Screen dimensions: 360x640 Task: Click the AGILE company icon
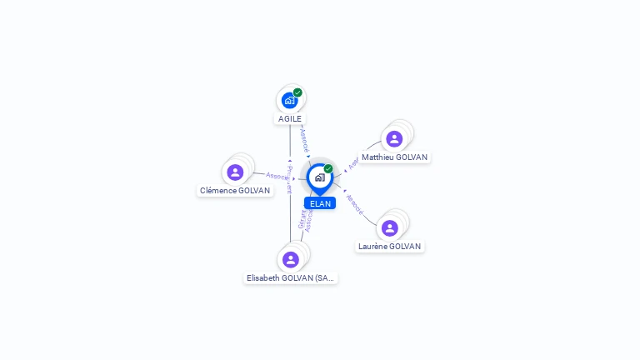point(289,100)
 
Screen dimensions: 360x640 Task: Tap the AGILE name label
point(290,119)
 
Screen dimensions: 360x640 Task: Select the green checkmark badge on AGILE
point(297,92)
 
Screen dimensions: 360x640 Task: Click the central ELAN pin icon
point(319,177)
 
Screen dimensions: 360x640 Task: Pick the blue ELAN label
point(320,203)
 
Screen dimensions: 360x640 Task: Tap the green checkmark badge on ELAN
point(328,168)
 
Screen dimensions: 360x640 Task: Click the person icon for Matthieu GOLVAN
point(394,138)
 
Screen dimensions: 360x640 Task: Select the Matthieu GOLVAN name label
point(395,157)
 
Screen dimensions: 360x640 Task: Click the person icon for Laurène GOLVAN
point(389,227)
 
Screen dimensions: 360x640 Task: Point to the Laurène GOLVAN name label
point(389,247)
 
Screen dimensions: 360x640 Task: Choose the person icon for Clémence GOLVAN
point(235,172)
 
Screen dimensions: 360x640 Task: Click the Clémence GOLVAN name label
point(235,191)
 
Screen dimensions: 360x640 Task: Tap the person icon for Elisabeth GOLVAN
point(290,259)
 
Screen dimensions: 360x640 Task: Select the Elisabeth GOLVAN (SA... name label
point(290,278)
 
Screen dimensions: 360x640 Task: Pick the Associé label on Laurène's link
point(353,204)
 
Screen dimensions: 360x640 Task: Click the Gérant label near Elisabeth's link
point(302,220)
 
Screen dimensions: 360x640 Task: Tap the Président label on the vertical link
point(289,178)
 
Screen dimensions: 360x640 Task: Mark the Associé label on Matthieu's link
point(352,164)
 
